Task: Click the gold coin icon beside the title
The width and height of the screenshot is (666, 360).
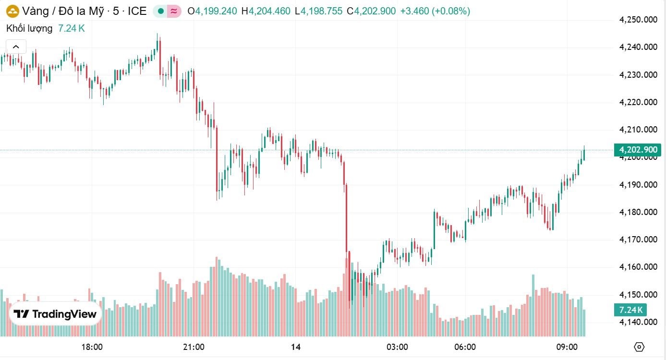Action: [12, 11]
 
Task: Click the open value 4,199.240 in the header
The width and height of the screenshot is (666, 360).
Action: [216, 11]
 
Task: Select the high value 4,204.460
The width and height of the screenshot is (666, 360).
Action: [269, 11]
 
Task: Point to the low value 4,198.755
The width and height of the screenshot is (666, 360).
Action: [322, 11]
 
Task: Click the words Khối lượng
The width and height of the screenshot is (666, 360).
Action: [29, 28]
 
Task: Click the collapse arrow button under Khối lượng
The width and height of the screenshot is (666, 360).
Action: [16, 47]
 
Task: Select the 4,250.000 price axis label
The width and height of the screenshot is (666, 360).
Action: [638, 20]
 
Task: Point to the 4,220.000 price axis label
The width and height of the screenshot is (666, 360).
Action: [638, 102]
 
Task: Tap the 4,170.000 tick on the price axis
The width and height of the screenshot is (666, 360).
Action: [638, 240]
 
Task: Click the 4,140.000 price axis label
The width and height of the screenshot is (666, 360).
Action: [638, 322]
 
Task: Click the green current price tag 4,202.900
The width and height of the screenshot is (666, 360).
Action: [638, 150]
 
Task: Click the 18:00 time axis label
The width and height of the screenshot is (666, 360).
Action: [92, 347]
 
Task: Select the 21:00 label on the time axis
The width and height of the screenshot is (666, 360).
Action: [194, 347]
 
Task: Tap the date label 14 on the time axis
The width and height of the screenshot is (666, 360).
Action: [295, 347]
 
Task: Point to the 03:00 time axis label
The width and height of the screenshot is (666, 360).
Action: [397, 347]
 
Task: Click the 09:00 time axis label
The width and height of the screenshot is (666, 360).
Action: [567, 347]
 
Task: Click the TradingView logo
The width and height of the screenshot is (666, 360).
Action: [55, 314]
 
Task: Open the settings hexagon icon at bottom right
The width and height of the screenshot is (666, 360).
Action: [639, 347]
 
